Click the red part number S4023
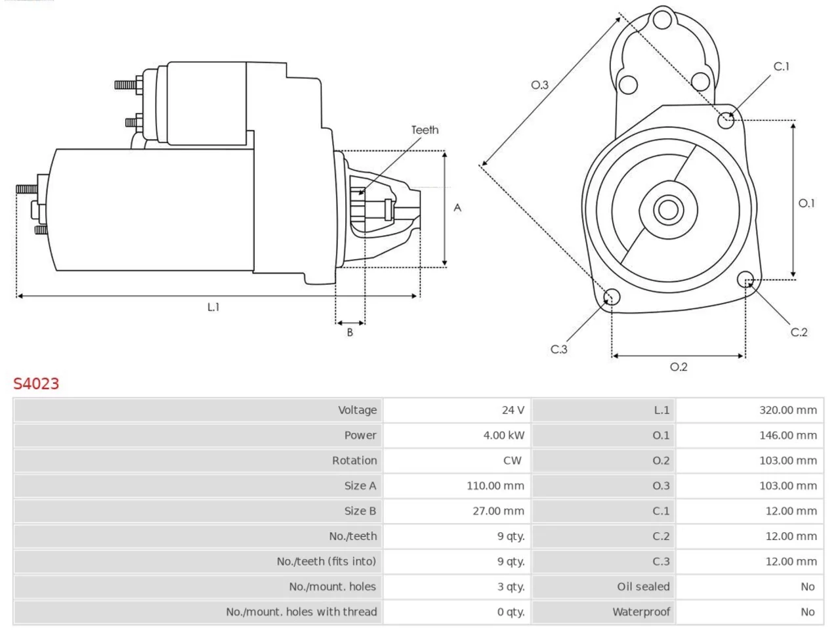[36, 384]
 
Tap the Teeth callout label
[425, 130]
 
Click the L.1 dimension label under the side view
[213, 306]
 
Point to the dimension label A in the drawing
[457, 208]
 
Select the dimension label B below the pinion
[349, 333]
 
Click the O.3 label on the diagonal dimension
[539, 85]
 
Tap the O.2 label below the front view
[679, 367]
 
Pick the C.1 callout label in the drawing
[781, 66]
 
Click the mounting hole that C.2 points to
[745, 280]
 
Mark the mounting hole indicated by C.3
[611, 297]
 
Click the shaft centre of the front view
[668, 209]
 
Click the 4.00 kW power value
[503, 435]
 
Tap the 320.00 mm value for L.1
[788, 410]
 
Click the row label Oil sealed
[643, 587]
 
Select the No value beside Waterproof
[807, 612]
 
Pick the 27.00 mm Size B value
[498, 511]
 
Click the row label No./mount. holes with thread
[301, 612]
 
